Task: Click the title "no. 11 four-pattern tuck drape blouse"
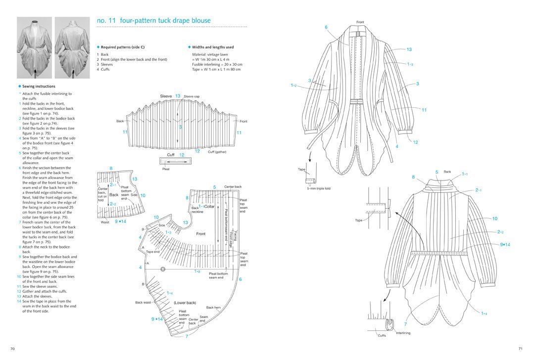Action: tap(154, 21)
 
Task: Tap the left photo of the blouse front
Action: tap(34, 47)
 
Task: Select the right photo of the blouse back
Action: tap(72, 47)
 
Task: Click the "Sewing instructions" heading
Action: tap(39, 86)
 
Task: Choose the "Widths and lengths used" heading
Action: tap(213, 47)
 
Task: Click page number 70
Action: tap(12, 349)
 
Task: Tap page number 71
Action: tap(520, 349)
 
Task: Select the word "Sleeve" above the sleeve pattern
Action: tap(166, 96)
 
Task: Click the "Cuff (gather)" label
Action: tap(217, 152)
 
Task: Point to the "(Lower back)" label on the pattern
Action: tap(185, 303)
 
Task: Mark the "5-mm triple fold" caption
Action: tap(318, 188)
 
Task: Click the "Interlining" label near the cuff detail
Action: tap(403, 333)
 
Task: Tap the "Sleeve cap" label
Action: tap(192, 96)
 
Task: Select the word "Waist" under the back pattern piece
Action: tap(105, 222)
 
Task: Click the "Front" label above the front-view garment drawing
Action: tap(360, 22)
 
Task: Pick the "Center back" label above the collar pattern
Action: tap(233, 187)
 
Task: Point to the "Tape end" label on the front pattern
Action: tap(153, 252)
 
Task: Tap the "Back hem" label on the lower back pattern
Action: tap(213, 308)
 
